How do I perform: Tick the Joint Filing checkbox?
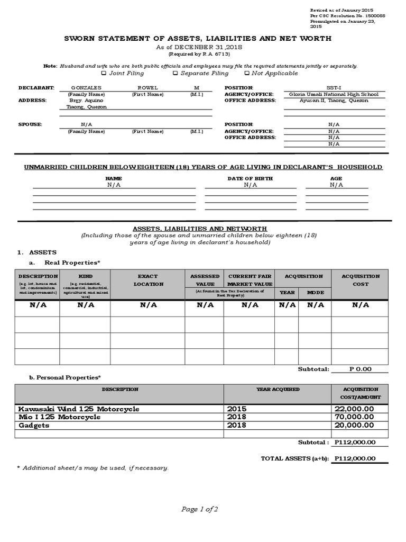[x=104, y=73]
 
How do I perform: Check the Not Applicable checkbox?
[x=247, y=73]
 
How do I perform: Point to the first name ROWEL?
[x=147, y=87]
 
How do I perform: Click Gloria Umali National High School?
[x=334, y=94]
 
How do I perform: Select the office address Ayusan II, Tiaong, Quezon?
[x=334, y=101]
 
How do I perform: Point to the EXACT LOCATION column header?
[x=147, y=280]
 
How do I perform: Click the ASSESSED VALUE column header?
[x=205, y=280]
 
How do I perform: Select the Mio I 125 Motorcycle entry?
[x=59, y=417]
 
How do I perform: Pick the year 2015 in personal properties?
[x=237, y=409]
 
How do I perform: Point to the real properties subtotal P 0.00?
[x=360, y=369]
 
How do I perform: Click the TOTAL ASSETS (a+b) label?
[x=294, y=458]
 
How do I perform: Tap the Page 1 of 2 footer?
[x=200, y=509]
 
